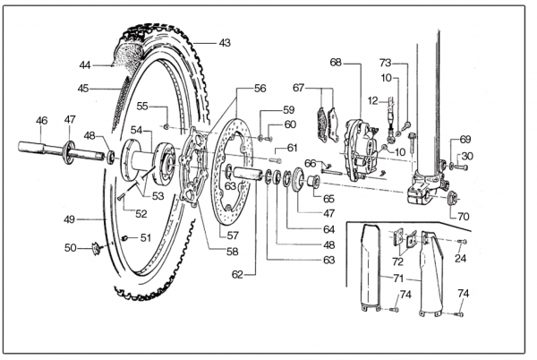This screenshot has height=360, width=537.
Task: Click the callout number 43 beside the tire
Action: pos(225,43)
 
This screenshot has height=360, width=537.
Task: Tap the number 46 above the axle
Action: pos(42,121)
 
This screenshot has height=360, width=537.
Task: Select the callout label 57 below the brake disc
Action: pos(233,236)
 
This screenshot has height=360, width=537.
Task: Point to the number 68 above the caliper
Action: pos(336,63)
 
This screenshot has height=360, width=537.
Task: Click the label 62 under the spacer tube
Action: pos(237,274)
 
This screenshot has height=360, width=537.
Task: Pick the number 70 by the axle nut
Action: pos(463,217)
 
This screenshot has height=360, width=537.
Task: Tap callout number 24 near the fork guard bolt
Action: pos(460,258)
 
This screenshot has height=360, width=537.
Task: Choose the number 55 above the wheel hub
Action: pos(142,107)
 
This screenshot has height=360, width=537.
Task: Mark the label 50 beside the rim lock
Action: pos(70,247)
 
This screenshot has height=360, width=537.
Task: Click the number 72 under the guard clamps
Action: pos(397,261)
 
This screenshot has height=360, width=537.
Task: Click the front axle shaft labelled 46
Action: pos(62,151)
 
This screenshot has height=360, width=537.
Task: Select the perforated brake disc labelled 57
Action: pos(232,171)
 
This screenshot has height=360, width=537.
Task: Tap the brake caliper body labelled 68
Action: pos(362,149)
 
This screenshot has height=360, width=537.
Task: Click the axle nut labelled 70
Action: pos(452,198)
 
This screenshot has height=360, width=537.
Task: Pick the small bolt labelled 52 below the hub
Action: pos(120,196)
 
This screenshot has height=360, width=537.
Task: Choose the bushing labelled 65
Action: pos(314,181)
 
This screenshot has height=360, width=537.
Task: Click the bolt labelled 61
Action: pos(276,159)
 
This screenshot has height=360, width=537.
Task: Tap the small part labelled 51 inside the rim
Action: pos(125,237)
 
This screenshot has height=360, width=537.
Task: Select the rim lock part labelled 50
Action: pos(97,249)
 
